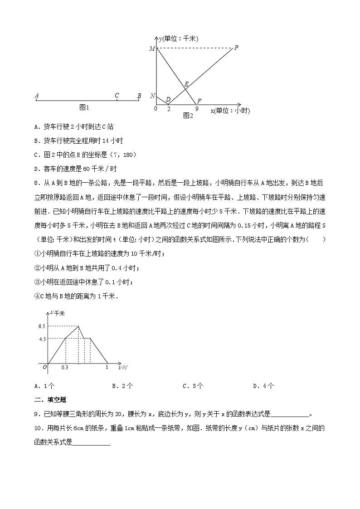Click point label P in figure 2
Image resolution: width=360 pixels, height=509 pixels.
pos(236,47)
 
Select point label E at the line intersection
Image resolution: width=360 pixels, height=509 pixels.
pos(186,84)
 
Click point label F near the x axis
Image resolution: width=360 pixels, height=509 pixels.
pos(199,101)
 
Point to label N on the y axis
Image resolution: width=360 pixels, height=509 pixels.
pos(152,96)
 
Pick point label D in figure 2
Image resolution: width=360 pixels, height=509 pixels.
pos(168,100)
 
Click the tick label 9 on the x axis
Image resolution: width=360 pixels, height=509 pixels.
pos(196,109)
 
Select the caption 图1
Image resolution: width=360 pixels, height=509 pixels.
pos(84,107)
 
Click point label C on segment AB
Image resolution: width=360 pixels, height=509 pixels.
pos(117,95)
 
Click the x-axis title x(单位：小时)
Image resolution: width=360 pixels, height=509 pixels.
pos(230,110)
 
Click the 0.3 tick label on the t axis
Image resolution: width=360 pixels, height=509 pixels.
pos(65,368)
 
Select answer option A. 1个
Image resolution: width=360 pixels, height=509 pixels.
pos(44,386)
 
